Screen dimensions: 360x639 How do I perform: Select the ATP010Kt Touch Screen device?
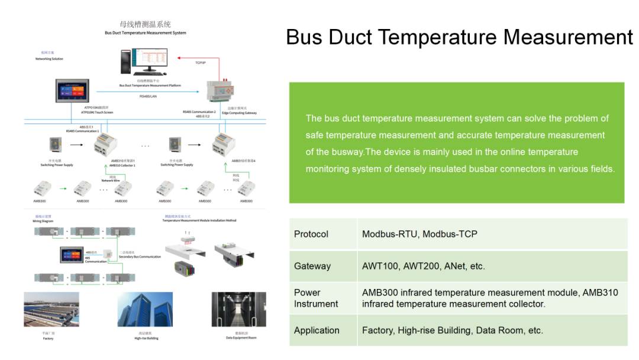[x=75, y=94]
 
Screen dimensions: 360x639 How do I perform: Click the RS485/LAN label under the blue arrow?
[x=149, y=96]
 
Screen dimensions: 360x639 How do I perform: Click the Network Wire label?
[x=111, y=181]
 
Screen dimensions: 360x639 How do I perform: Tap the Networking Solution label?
[x=49, y=59]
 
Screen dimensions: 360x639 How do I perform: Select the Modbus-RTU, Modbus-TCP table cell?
[x=419, y=234]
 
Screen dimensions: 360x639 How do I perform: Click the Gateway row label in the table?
[x=312, y=266]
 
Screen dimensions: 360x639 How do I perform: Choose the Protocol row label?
[x=311, y=234]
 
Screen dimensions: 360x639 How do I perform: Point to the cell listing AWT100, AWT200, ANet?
[x=424, y=266]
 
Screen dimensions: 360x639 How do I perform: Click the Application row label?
[x=317, y=330]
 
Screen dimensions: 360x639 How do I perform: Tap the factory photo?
[x=51, y=309]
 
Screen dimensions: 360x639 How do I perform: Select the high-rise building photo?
[x=145, y=309]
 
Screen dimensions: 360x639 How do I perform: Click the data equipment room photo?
[x=238, y=309]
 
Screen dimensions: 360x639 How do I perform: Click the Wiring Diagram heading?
[x=43, y=221]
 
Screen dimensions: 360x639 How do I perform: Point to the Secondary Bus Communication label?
[x=140, y=257]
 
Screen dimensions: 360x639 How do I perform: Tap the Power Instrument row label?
[x=316, y=298]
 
